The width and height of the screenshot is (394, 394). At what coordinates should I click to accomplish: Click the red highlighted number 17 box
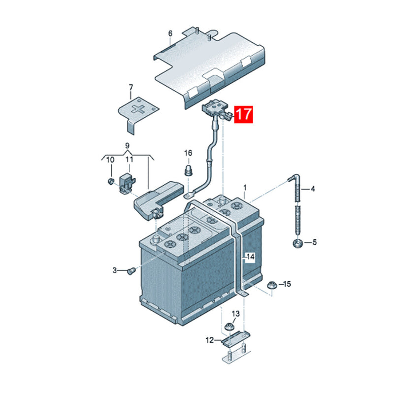[243, 114]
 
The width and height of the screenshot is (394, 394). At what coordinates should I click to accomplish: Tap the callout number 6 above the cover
[170, 33]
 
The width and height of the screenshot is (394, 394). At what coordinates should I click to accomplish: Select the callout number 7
[131, 88]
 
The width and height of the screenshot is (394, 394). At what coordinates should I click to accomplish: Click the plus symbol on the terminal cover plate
[139, 109]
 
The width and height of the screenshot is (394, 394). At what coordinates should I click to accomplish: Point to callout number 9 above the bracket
[127, 146]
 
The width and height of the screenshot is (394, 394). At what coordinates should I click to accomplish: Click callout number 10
[110, 160]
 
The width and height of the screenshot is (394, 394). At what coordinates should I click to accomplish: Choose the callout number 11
[129, 160]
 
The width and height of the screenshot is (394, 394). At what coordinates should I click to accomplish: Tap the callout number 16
[188, 153]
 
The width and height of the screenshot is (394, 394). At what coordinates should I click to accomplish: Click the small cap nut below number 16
[188, 170]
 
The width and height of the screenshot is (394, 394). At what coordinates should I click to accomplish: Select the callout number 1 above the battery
[245, 188]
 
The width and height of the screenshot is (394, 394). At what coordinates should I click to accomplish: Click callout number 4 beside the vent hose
[313, 189]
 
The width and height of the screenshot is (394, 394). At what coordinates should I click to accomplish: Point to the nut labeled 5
[298, 243]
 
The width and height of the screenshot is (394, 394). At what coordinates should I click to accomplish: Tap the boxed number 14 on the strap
[251, 257]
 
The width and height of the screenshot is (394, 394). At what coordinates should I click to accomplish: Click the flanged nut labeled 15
[271, 285]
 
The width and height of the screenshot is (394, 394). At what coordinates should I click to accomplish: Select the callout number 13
[236, 314]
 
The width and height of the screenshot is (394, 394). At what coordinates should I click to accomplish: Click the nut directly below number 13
[230, 327]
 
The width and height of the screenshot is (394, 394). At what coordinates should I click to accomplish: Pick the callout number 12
[210, 340]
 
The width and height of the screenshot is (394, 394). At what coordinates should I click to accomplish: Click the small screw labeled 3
[131, 271]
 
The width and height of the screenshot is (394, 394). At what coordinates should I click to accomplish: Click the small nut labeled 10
[110, 181]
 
